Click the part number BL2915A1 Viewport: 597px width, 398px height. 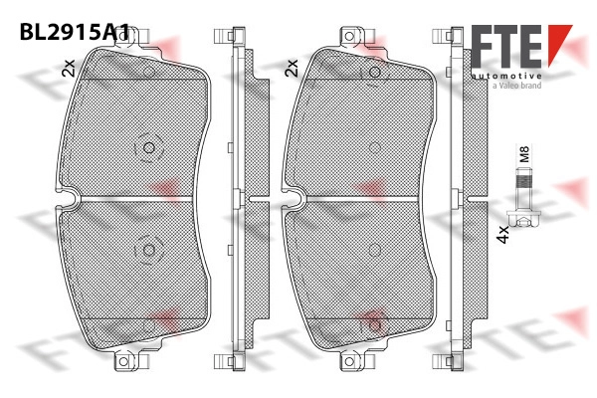(x=75, y=32)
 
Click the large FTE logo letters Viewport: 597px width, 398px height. (x=507, y=46)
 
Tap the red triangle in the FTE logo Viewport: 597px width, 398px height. (x=559, y=44)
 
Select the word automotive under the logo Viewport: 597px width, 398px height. (x=506, y=77)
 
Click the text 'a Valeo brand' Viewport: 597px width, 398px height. (x=516, y=86)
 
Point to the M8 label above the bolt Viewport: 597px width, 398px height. (x=524, y=154)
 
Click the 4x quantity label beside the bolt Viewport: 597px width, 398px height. (x=503, y=234)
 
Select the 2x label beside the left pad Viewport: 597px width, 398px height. (x=69, y=68)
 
